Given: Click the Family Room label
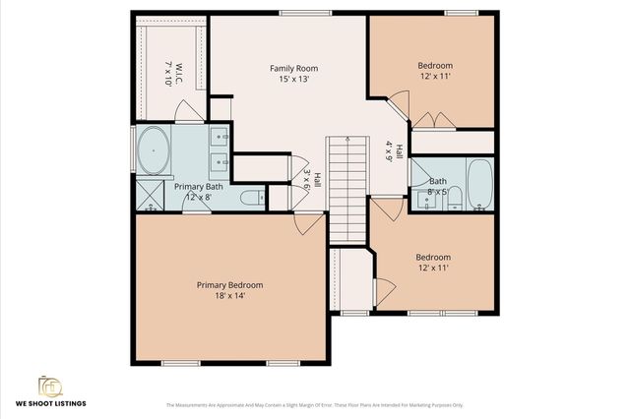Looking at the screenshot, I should point(294,68).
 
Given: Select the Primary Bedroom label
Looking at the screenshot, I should point(229,284).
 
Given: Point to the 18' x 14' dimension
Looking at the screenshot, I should point(229,296).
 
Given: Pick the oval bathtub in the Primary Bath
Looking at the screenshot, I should point(153,150).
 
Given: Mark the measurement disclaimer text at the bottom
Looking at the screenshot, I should point(314,404).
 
